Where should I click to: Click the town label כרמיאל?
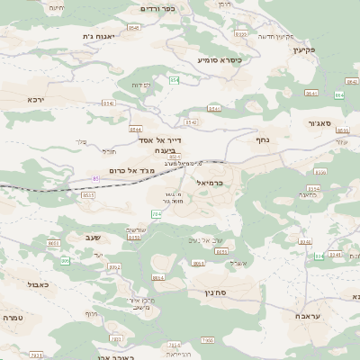233,182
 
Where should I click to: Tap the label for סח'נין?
227,292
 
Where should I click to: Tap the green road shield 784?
157,213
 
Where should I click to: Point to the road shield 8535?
88,194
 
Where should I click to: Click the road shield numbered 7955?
209,340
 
